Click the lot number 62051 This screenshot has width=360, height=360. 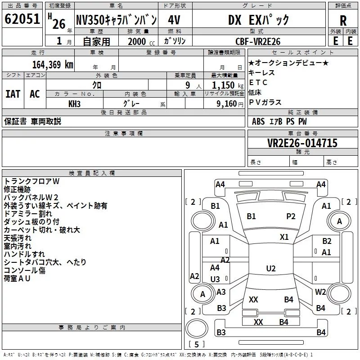(x=22, y=20)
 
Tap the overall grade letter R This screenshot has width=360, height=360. (x=343, y=21)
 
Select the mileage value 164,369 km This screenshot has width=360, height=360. (x=52, y=64)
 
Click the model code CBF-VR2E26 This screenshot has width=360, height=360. (x=258, y=41)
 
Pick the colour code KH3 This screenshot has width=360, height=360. (x=74, y=103)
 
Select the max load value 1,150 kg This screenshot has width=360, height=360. (x=224, y=85)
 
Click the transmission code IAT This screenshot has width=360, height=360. (x=13, y=94)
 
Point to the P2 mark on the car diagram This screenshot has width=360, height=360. (x=291, y=216)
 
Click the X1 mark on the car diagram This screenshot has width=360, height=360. (x=284, y=237)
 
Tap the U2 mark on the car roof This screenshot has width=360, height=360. (x=270, y=269)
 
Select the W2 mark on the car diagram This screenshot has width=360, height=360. (x=320, y=292)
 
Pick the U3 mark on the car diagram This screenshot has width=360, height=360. (x=215, y=279)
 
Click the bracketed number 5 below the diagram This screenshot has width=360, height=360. (x=196, y=345)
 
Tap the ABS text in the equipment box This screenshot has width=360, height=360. (x=258, y=121)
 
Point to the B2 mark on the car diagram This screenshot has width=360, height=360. (x=326, y=241)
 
